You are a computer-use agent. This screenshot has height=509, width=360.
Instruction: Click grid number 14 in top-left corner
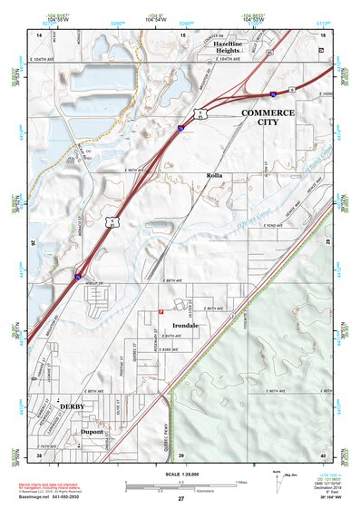(x=39, y=34)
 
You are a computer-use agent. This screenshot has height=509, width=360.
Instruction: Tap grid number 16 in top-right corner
(x=322, y=34)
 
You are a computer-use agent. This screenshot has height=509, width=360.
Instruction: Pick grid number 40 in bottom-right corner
(x=322, y=454)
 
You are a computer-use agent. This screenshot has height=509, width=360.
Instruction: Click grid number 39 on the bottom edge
(x=180, y=454)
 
